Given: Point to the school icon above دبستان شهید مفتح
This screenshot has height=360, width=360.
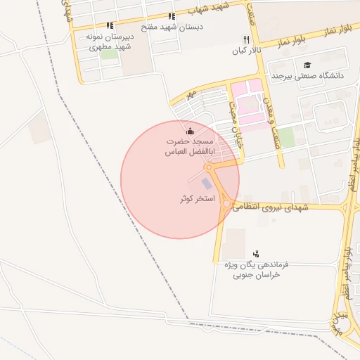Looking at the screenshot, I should tap(172, 15).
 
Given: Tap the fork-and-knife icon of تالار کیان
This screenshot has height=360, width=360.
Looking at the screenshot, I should tap(245, 39).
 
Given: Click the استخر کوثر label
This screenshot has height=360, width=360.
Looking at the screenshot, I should tap(197, 199).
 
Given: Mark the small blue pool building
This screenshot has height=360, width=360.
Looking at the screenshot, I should tap(206, 184).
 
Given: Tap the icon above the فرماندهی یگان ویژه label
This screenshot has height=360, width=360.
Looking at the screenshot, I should tap(256, 253).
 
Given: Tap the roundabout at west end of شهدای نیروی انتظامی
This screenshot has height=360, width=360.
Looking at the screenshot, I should tap(226, 205).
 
